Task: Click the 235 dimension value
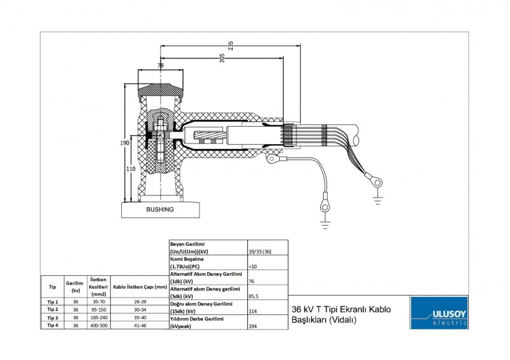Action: click(230, 45)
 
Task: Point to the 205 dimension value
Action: click(222, 58)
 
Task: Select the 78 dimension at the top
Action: click(160, 66)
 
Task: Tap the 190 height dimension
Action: click(125, 143)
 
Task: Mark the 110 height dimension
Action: click(131, 169)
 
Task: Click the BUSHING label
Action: click(159, 209)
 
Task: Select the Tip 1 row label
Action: click(52, 301)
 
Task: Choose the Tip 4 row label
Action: click(52, 325)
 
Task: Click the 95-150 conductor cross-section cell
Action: click(98, 309)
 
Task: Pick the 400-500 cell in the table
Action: click(98, 325)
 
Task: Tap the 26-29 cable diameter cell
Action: click(140, 301)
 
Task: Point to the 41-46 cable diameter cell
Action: click(140, 325)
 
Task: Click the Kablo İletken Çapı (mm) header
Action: click(140, 287)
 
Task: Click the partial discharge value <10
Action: click(253, 266)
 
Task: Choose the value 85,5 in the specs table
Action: click(254, 296)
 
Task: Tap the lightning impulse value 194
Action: click(252, 326)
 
